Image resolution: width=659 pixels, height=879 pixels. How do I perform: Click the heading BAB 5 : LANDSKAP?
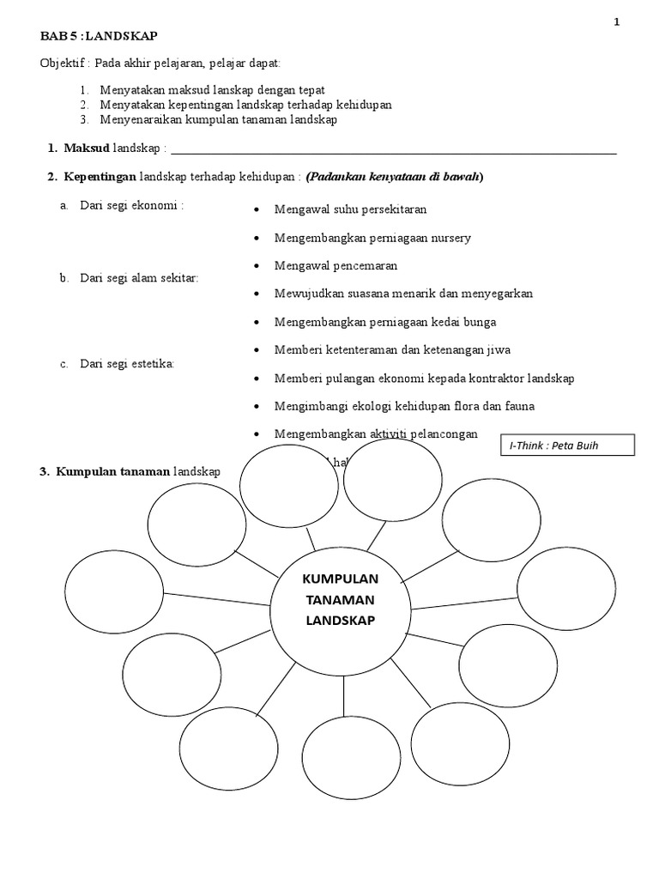[x=100, y=36]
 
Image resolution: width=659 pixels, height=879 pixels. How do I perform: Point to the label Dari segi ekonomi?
[x=132, y=205]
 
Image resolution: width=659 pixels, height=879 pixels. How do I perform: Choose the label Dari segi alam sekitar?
[x=139, y=278]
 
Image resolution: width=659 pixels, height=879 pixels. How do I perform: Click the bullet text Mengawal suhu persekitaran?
[x=350, y=209]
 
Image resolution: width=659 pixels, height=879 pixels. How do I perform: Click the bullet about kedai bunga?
[x=385, y=322]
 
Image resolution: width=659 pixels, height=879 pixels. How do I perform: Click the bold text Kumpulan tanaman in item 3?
[x=113, y=472]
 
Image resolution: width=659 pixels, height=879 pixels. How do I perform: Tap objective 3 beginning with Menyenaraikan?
[x=218, y=119]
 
